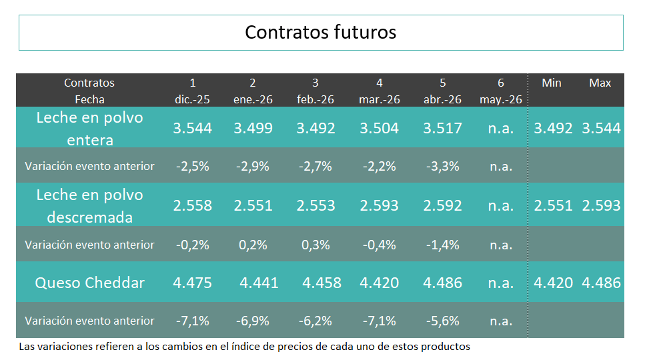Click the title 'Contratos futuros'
[321, 32]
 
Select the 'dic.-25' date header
[192, 99]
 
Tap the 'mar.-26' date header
[379, 99]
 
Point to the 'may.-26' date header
[500, 99]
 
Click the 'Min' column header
[552, 83]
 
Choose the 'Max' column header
[600, 83]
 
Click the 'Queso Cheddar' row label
[89, 283]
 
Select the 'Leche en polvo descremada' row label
[89, 206]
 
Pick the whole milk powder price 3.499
[253, 129]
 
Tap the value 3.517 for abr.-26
[442, 129]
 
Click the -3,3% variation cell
[442, 167]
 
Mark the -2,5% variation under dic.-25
[192, 167]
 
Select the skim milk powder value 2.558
[192, 206]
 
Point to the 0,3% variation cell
[315, 245]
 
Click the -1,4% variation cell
[442, 245]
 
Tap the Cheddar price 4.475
[192, 283]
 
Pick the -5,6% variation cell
[442, 321]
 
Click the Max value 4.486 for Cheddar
[601, 283]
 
